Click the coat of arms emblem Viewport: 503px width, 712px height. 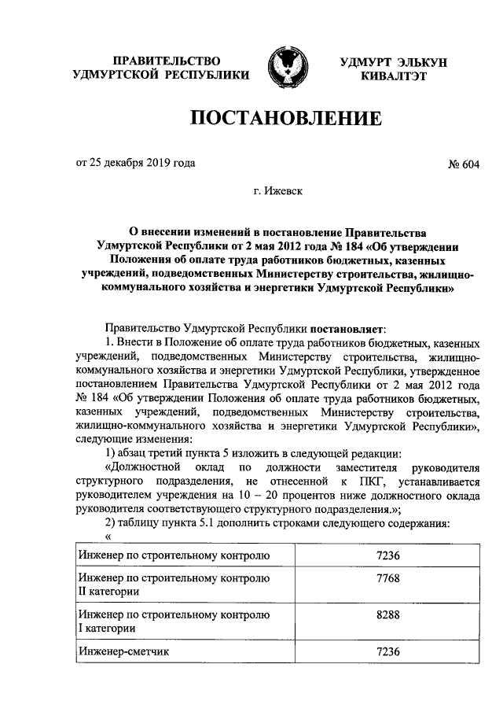coord(286,68)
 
